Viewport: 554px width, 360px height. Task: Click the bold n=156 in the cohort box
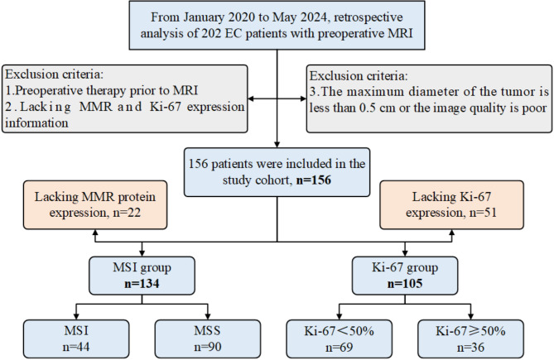click(314, 180)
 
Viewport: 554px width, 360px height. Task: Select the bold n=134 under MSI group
click(142, 283)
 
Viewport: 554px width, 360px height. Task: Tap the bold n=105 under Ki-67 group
click(405, 283)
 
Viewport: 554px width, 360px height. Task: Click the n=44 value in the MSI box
click(76, 347)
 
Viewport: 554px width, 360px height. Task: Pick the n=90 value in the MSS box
click(208, 347)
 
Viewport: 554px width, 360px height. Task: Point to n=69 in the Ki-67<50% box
click(340, 347)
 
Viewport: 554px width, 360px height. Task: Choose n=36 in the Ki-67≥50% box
click(470, 347)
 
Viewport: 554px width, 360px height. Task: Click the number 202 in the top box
click(212, 33)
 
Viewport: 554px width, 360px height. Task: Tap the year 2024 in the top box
click(316, 17)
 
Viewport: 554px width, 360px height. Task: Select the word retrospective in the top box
click(368, 17)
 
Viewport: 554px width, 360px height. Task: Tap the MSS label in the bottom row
click(207, 331)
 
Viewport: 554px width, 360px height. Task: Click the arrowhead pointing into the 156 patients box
click(277, 144)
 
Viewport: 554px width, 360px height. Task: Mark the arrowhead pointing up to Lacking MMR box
click(95, 233)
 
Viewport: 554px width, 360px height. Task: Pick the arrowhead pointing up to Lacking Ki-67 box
click(452, 233)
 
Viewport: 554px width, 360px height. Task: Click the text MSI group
click(142, 267)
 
